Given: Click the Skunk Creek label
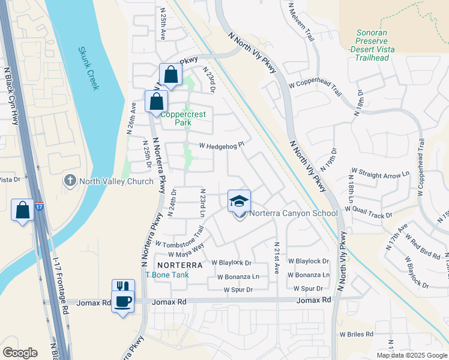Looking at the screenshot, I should point(88,68).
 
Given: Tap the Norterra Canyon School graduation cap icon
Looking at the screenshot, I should point(239,201).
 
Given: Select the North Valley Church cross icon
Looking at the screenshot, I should point(70,180).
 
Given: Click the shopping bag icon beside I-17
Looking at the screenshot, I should point(22,210).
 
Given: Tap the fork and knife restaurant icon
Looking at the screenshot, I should point(122,287).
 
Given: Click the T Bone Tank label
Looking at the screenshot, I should point(167,275).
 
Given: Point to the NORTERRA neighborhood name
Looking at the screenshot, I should point(179,265).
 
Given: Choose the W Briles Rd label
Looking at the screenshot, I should point(356,334).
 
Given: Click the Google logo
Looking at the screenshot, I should point(20,353).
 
